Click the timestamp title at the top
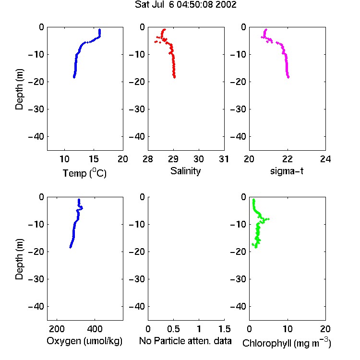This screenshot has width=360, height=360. click(x=185, y=5)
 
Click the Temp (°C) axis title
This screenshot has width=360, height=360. click(x=84, y=173)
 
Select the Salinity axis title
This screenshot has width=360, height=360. click(x=185, y=171)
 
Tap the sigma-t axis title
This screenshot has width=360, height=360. click(x=287, y=171)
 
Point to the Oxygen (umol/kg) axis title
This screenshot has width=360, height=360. click(x=84, y=341)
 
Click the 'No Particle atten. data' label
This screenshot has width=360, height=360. click(x=185, y=341)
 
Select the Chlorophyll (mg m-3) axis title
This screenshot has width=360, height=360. click(x=287, y=343)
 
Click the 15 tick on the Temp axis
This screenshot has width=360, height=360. click(x=94, y=159)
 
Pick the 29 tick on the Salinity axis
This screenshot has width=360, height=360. click(x=173, y=159)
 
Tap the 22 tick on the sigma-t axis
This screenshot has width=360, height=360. click(x=287, y=159)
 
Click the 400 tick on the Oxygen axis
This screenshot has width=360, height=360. click(x=95, y=329)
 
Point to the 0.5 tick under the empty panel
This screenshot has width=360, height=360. click(x=173, y=329)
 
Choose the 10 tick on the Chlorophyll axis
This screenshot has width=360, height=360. click(x=287, y=329)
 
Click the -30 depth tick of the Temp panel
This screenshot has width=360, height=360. click(x=36, y=109)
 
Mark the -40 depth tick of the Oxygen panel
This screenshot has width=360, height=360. click(x=36, y=306)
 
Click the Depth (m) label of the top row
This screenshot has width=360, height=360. click(x=19, y=89)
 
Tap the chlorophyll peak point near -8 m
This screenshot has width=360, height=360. click(x=268, y=219)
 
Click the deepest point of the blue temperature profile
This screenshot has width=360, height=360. click(x=74, y=77)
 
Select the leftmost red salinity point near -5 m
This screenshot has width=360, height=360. click(x=156, y=42)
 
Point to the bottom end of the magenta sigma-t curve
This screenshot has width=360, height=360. click(x=288, y=77)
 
